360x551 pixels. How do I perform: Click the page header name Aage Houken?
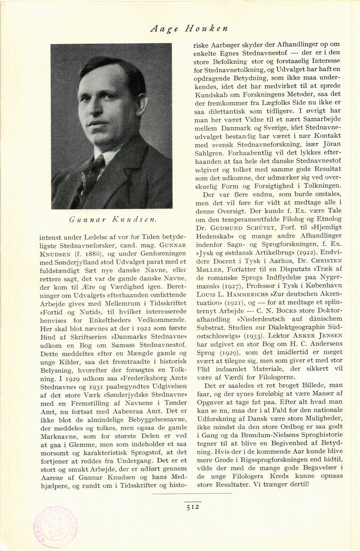click(x=190, y=28)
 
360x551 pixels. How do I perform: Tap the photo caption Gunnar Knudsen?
click(x=112, y=219)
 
